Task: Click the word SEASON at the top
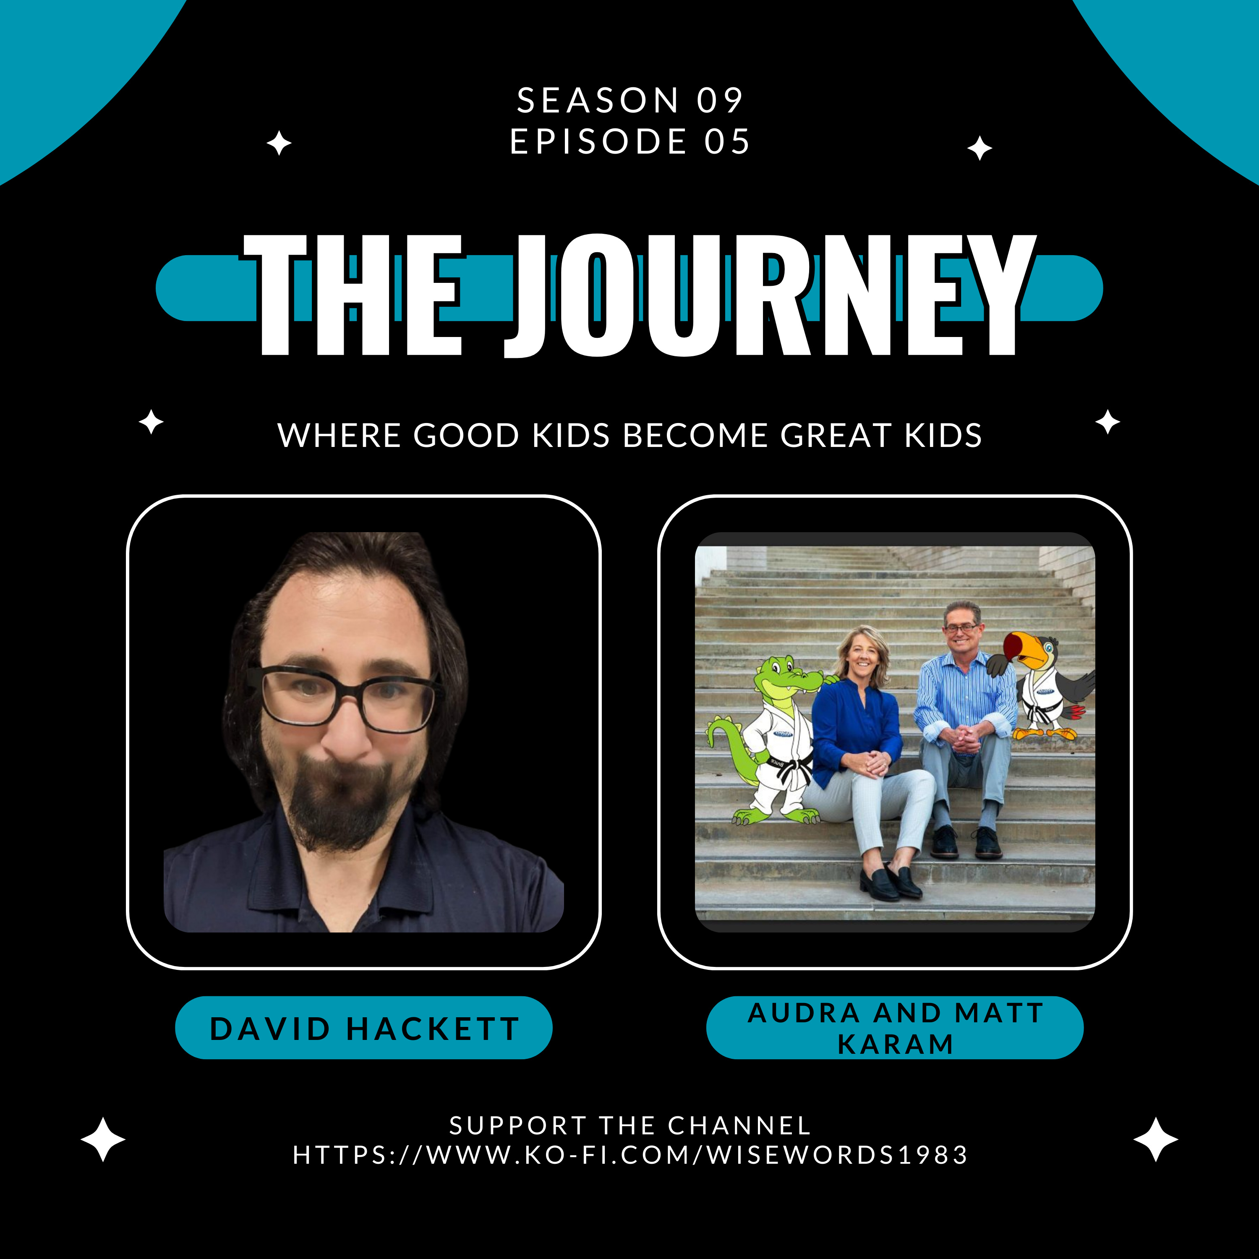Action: [598, 100]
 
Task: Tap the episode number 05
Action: [727, 141]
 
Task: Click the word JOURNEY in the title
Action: [770, 295]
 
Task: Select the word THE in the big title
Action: [353, 295]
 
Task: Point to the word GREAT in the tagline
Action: [836, 435]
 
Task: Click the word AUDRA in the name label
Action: [804, 1013]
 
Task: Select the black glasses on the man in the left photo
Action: [350, 699]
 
